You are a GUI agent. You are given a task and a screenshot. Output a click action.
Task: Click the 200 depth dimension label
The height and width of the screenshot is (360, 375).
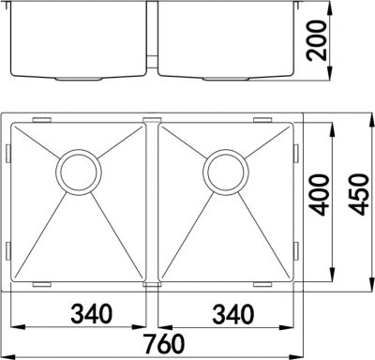(x=316, y=40)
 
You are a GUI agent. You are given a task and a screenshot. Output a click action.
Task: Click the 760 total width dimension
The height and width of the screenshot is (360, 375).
(x=163, y=344)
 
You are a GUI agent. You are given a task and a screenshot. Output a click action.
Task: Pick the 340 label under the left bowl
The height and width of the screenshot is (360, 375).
(x=91, y=314)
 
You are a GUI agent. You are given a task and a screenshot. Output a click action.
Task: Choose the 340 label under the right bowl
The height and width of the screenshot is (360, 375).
(x=233, y=314)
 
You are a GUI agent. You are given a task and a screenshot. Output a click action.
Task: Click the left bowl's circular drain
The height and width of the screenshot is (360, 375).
(x=79, y=172)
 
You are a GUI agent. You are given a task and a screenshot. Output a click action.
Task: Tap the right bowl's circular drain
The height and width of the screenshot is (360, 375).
(x=226, y=172)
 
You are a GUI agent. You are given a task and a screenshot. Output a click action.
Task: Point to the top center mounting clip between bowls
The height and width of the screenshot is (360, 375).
(x=152, y=120)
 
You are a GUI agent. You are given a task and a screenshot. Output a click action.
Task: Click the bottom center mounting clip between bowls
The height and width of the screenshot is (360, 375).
(x=152, y=285)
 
